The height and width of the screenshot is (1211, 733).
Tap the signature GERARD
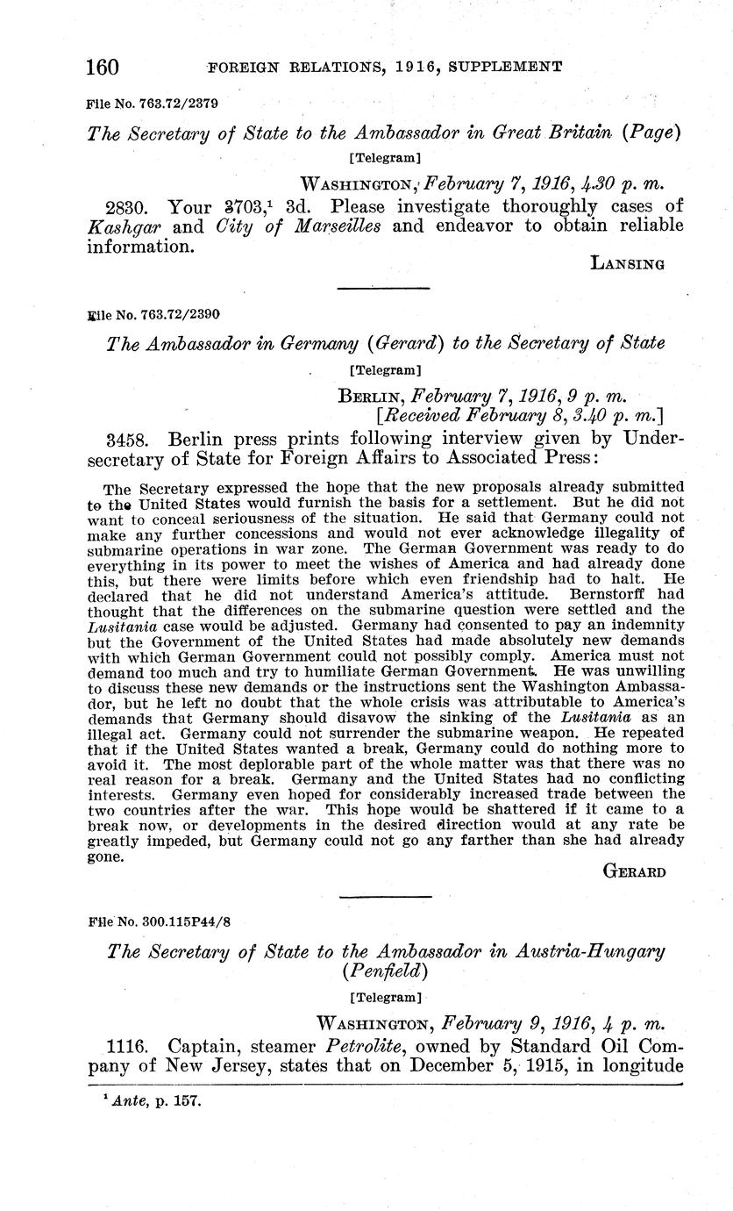click(635, 871)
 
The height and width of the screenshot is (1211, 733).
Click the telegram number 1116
click(127, 1046)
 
